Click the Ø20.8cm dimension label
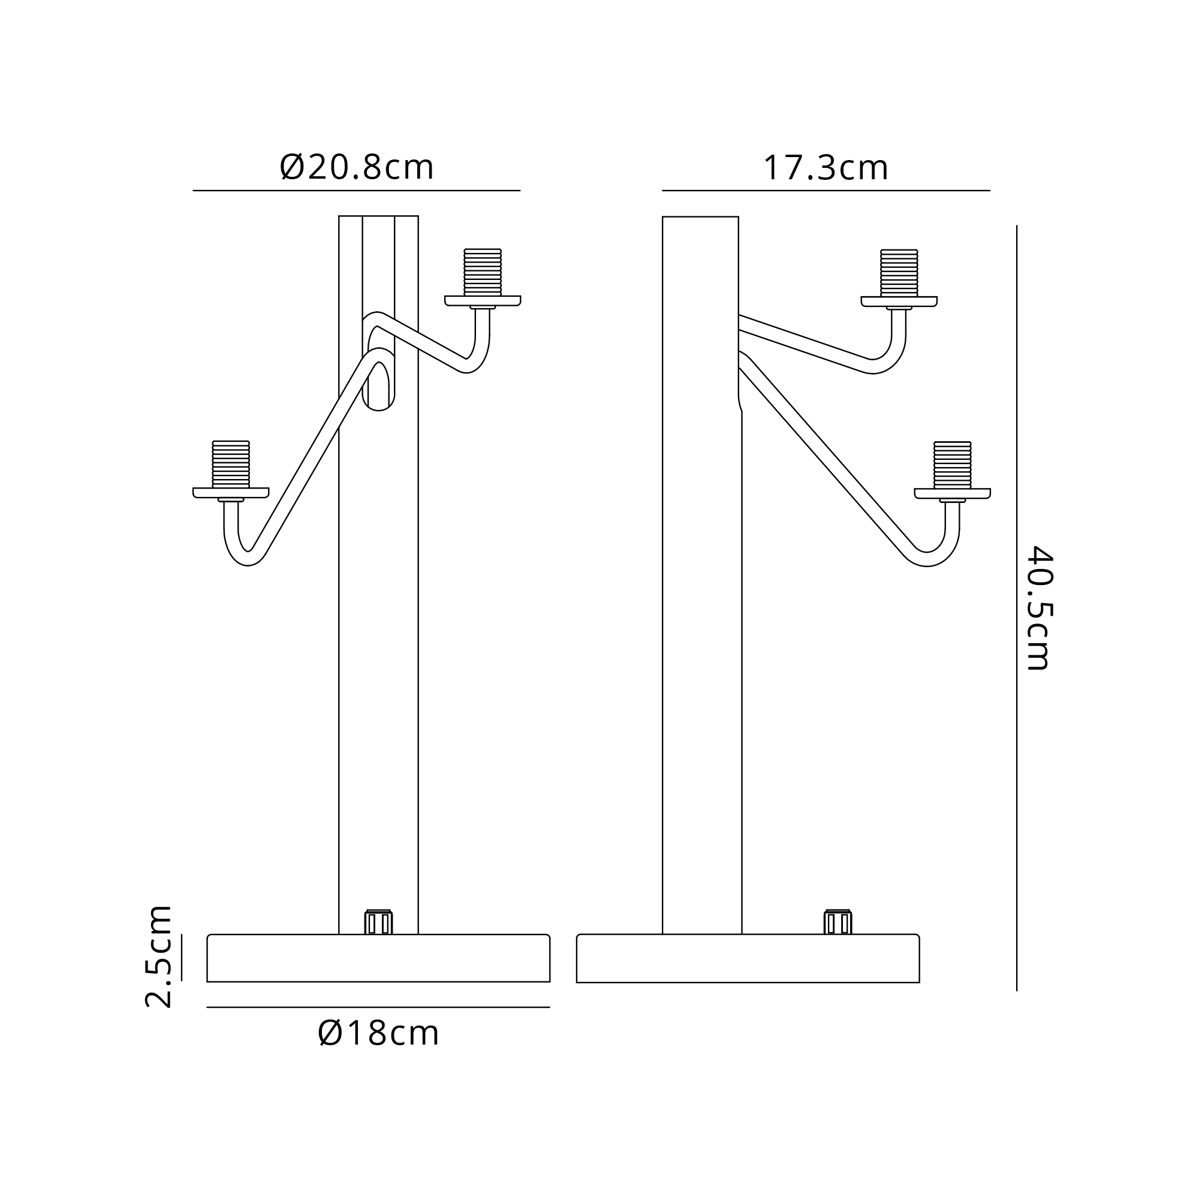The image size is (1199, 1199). click(357, 168)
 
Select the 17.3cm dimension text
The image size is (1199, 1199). click(826, 168)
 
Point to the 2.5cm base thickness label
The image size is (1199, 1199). click(158, 956)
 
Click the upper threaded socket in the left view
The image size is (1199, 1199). click(483, 272)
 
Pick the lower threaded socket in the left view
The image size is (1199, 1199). click(231, 464)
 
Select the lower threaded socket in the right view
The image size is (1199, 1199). click(953, 465)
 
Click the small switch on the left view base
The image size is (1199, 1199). click(378, 921)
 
